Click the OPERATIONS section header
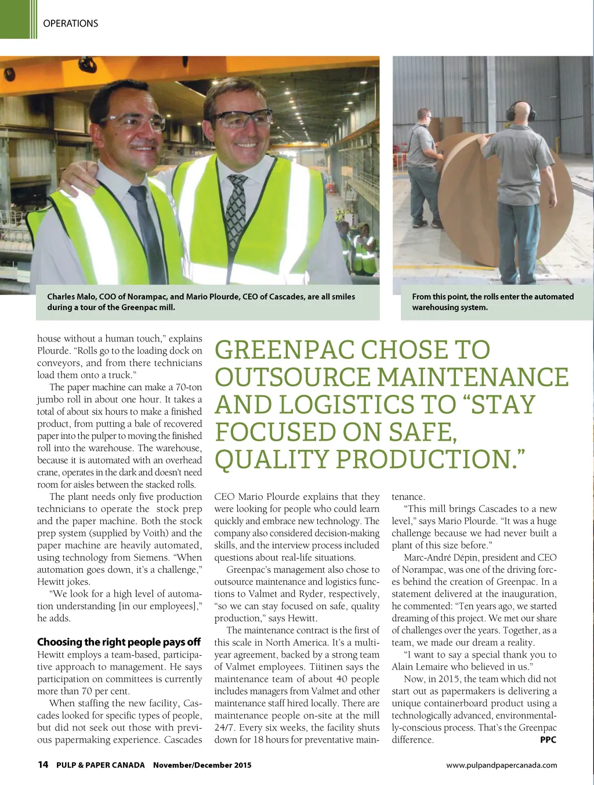point(70,23)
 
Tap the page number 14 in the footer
point(42,764)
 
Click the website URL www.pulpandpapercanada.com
point(501,765)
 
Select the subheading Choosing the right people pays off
point(119,642)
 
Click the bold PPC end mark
point(548,740)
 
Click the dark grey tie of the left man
point(148,232)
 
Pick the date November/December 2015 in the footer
point(202,765)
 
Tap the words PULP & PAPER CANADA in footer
point(100,765)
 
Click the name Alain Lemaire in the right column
point(415,667)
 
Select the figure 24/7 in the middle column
point(224,728)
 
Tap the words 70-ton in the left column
point(189,387)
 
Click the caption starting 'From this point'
point(492,301)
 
